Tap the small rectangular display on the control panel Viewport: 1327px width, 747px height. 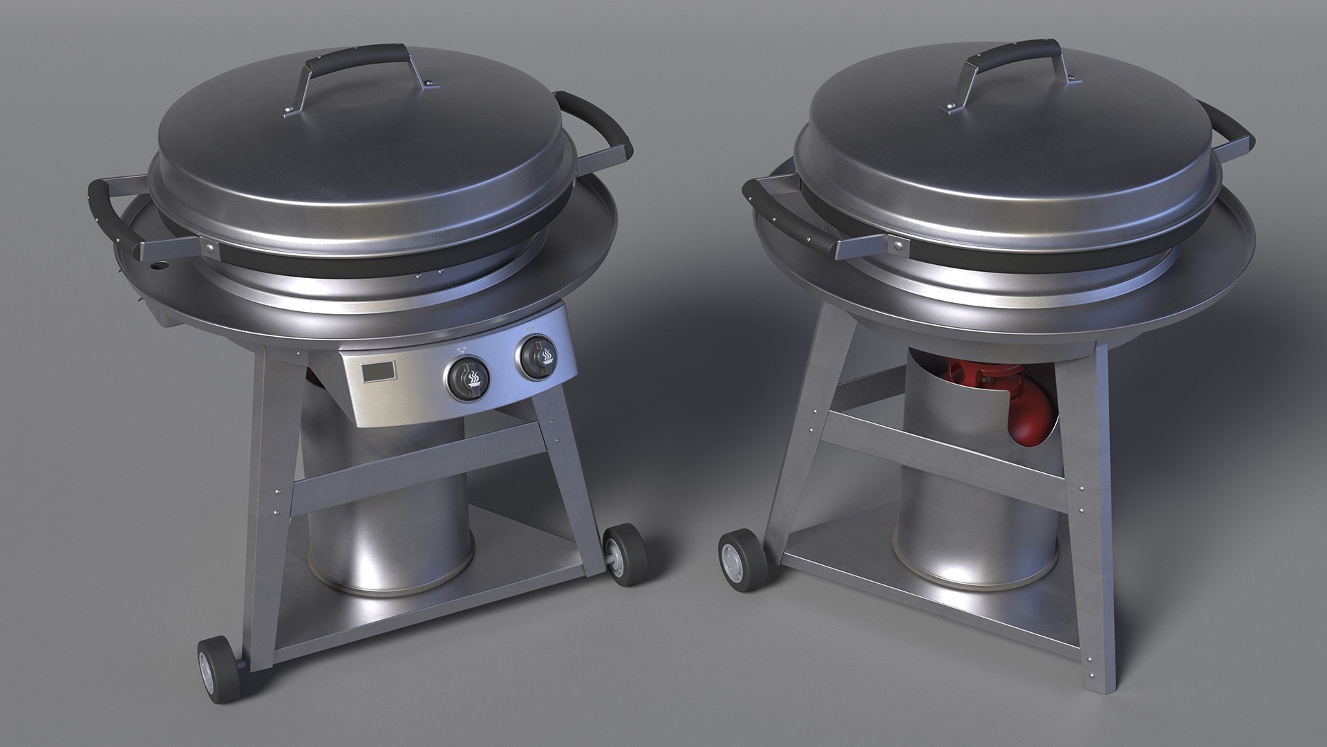click(379, 373)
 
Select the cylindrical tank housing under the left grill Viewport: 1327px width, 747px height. click(387, 519)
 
